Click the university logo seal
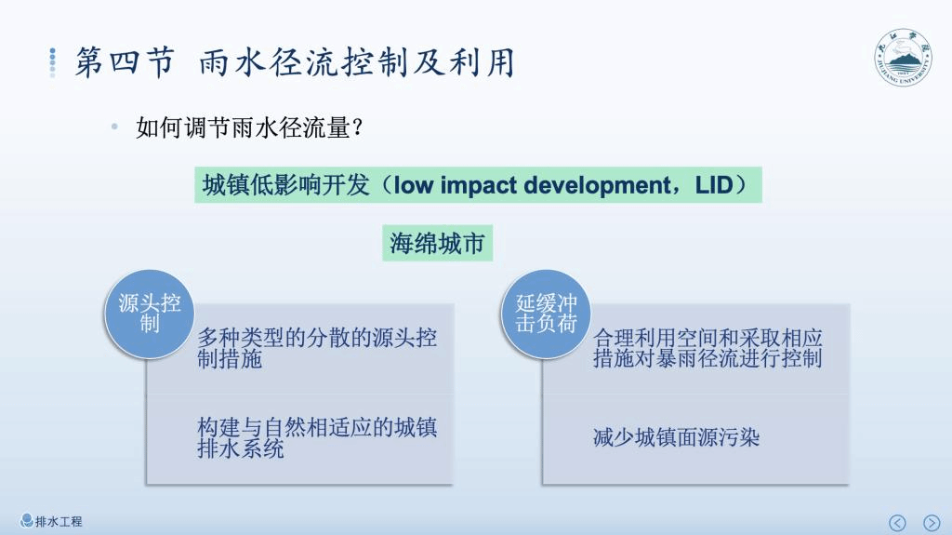point(904,58)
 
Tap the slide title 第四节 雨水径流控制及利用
point(295,62)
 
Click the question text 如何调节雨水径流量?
point(249,127)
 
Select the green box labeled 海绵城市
point(437,243)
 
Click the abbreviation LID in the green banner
point(715,185)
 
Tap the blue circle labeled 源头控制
point(150,314)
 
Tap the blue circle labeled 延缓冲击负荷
point(546,314)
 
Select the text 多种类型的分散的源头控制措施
point(317,348)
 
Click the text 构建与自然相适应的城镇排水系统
point(317,437)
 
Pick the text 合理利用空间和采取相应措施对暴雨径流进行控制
point(707,348)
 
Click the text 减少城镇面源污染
point(677,437)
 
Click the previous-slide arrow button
point(897,523)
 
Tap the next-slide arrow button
point(932,523)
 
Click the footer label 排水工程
point(59,522)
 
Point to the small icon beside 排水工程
point(26,521)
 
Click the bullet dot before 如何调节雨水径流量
point(114,127)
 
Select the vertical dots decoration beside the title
point(53,62)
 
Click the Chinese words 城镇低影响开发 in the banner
point(285,185)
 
